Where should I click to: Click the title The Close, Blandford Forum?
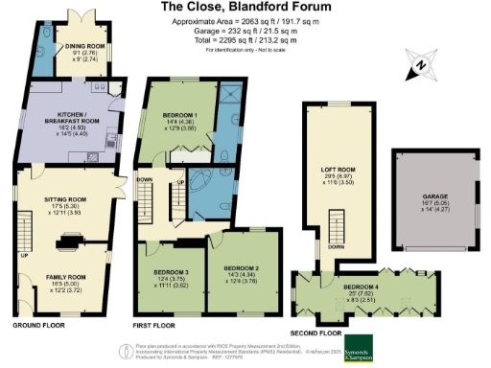[x=245, y=7]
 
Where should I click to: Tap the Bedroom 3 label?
[x=172, y=273]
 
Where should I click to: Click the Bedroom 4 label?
[x=365, y=287]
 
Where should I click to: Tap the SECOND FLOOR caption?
[x=316, y=333]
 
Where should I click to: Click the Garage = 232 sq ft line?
[x=245, y=32]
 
